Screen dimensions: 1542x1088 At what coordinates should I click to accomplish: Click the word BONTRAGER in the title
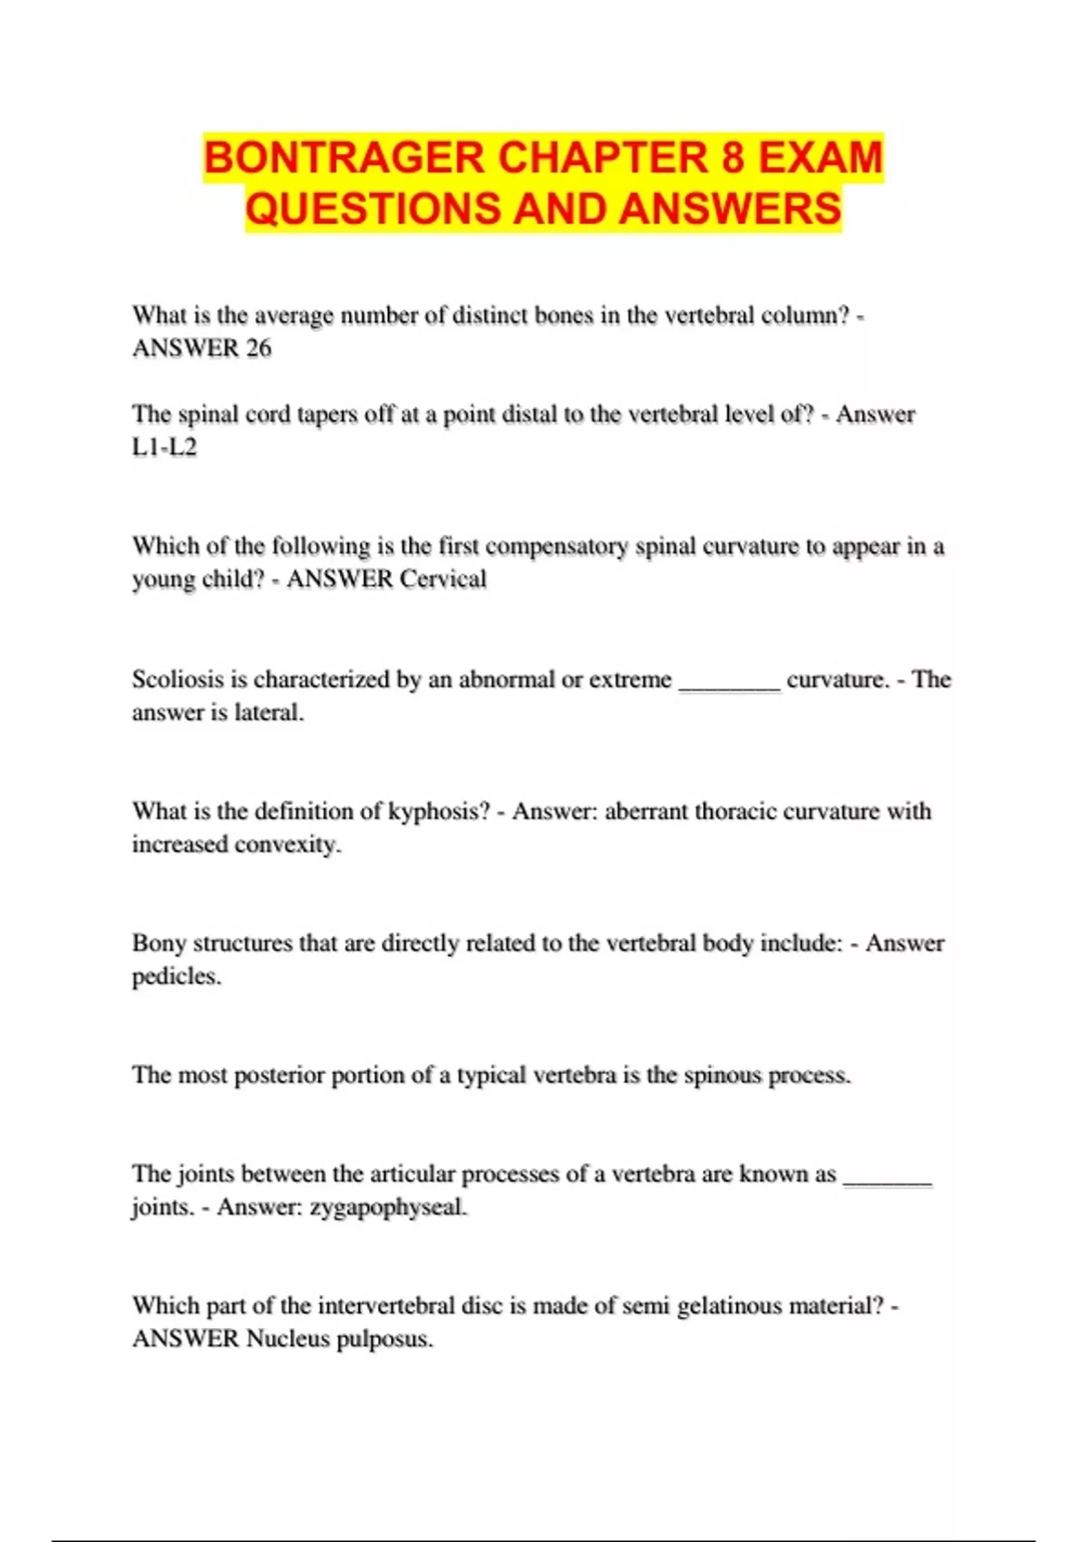point(345,158)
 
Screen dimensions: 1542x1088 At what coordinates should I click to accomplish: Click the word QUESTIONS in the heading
point(373,209)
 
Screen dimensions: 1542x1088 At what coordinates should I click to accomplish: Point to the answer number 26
point(258,348)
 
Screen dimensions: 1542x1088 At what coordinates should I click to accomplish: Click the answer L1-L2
point(164,447)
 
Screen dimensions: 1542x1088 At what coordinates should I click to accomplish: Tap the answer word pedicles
point(176,977)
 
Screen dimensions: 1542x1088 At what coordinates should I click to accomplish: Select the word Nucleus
point(287,1339)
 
